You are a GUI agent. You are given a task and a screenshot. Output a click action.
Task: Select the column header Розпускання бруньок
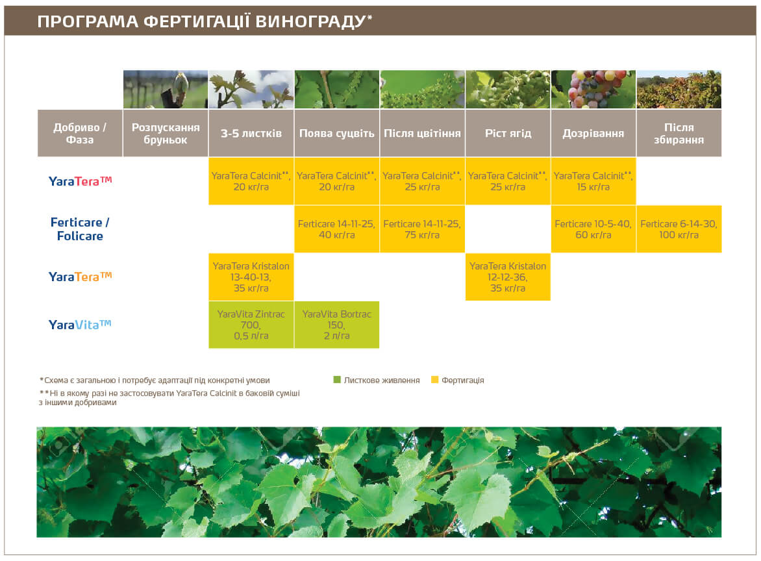[166, 133]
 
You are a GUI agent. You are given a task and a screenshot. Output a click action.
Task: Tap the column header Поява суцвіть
[336, 133]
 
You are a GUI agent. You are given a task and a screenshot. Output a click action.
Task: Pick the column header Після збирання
[679, 133]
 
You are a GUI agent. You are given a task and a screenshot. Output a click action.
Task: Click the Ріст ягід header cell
[508, 133]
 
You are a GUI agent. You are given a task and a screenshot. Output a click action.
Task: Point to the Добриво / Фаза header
[80, 133]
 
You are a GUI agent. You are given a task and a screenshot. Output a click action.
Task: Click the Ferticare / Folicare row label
[80, 229]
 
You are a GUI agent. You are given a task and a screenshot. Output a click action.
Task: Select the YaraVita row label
[80, 324]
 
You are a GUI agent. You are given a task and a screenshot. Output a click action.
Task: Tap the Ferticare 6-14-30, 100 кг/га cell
[679, 229]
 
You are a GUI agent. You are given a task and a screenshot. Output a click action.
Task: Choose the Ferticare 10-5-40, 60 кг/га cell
[593, 229]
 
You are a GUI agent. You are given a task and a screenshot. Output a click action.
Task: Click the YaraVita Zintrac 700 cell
[251, 325]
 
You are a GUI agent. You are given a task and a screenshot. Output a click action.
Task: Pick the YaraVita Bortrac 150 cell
[336, 325]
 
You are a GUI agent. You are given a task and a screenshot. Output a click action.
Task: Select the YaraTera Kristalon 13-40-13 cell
[251, 277]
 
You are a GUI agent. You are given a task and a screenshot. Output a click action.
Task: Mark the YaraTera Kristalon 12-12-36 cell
[508, 277]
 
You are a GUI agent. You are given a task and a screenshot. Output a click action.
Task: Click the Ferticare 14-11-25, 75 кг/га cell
[422, 229]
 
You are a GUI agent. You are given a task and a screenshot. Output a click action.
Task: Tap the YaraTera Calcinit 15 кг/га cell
[593, 181]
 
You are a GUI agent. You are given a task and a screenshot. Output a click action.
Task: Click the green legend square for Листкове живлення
[336, 380]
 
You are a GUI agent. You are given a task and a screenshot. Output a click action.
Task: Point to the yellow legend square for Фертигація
[434, 380]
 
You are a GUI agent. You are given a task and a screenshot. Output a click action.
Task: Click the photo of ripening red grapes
[593, 89]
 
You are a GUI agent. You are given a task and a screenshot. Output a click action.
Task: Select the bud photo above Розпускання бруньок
[166, 89]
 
